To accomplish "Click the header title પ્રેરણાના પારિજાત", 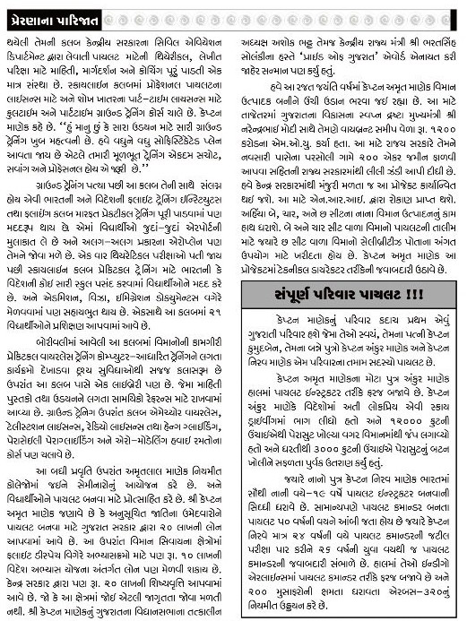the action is pos(62,11).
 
